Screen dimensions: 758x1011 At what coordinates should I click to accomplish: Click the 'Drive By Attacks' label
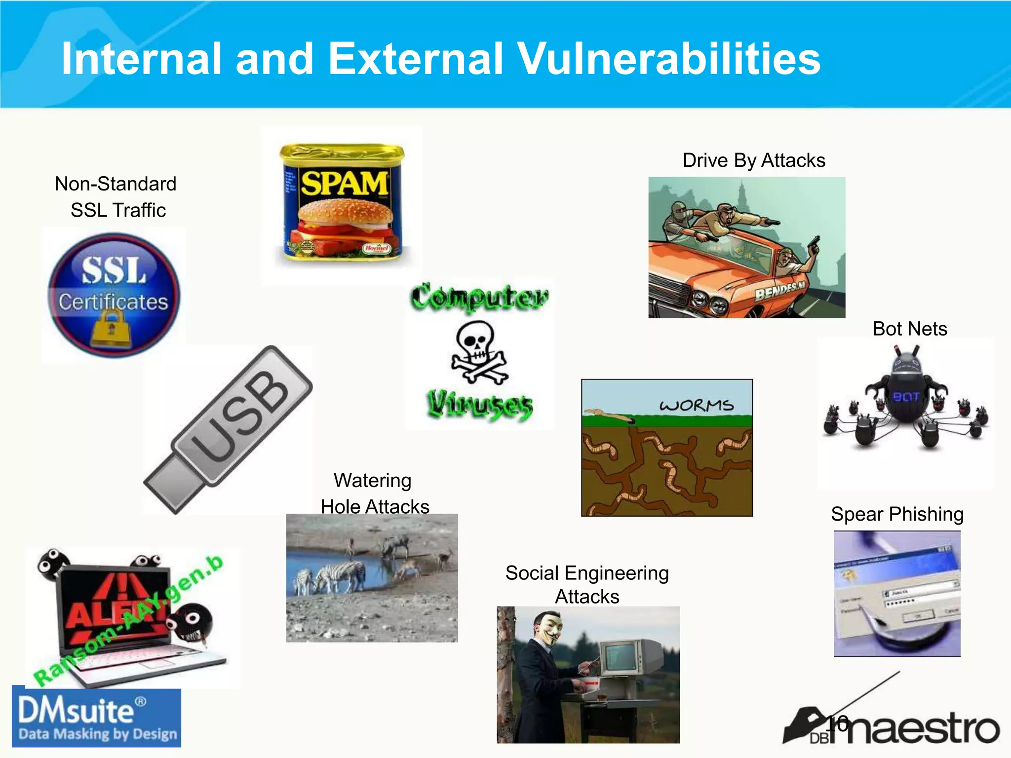[753, 160]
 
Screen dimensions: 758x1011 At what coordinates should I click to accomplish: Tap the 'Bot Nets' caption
[909, 329]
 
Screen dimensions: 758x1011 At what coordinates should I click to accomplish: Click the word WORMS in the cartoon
[696, 406]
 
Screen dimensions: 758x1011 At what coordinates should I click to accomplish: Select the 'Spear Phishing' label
[897, 514]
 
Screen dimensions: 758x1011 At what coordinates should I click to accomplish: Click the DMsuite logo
[97, 718]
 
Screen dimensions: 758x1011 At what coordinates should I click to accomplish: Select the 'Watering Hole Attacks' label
[374, 493]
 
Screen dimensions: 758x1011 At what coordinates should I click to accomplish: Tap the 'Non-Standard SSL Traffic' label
[116, 197]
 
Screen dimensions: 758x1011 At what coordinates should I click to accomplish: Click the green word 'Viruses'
[479, 405]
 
